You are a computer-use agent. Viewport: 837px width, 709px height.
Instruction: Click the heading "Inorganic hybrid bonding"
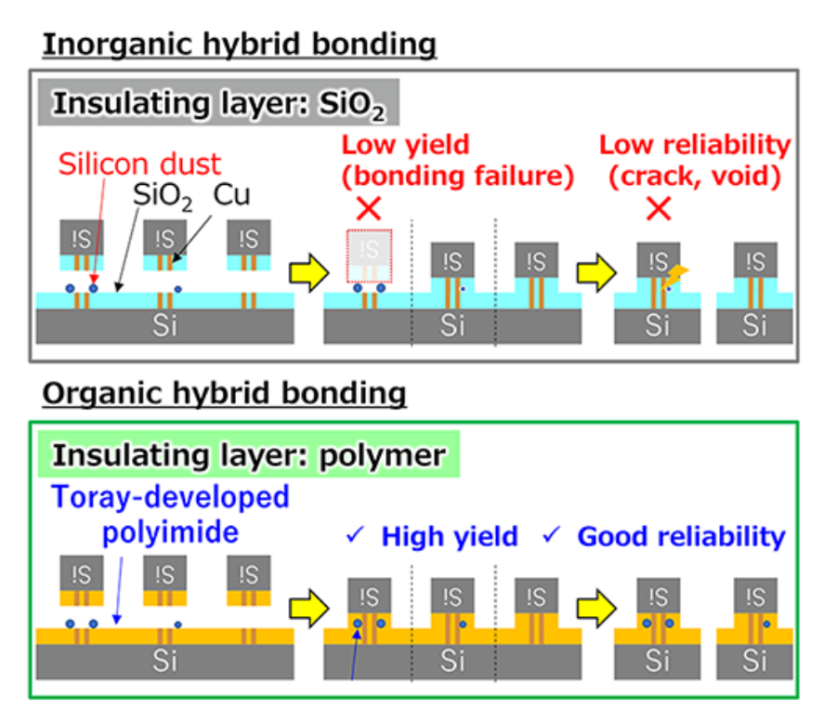tap(239, 44)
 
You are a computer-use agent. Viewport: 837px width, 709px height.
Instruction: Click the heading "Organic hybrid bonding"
tap(224, 393)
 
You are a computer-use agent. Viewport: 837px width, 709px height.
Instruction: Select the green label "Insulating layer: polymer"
tap(249, 455)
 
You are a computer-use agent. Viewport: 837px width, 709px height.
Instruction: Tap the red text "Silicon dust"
tap(140, 164)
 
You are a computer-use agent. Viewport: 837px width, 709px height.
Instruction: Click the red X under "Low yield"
tap(369, 208)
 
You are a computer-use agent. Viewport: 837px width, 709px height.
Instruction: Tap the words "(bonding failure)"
tap(458, 174)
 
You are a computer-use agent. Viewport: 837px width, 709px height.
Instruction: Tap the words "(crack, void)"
tap(695, 174)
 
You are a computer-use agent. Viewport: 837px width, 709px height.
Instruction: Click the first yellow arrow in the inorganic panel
tap(307, 271)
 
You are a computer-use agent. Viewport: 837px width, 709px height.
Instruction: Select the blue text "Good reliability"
tap(681, 536)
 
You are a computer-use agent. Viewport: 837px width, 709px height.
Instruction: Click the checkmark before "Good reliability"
tap(552, 535)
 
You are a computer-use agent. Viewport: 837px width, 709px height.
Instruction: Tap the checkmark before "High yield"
tap(355, 535)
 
